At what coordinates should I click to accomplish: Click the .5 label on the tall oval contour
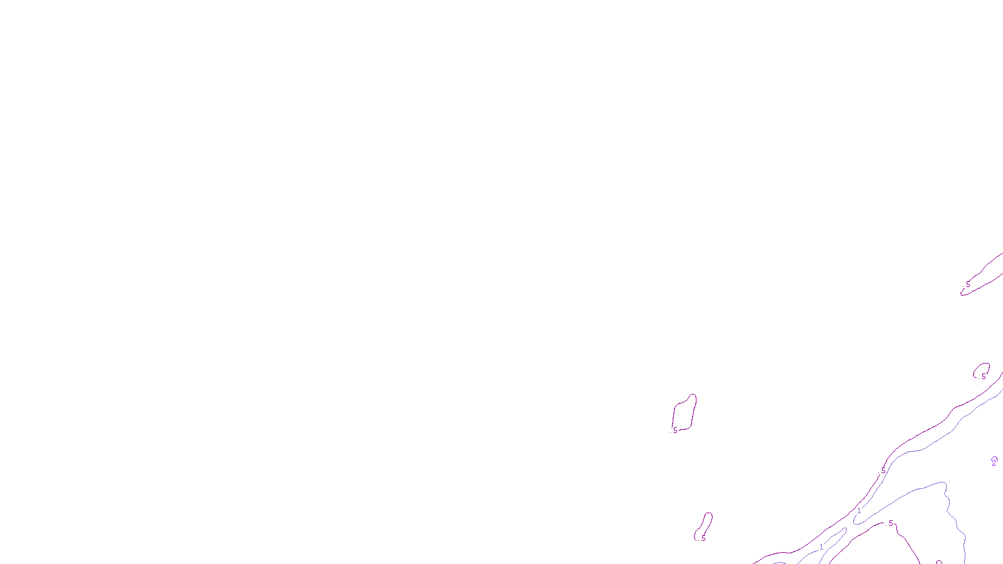tap(675, 431)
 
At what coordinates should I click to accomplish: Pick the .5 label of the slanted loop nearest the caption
tap(703, 538)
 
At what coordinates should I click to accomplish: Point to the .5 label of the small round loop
tap(983, 377)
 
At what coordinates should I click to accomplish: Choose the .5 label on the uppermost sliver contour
tap(967, 285)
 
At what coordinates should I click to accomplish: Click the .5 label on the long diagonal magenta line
tap(883, 471)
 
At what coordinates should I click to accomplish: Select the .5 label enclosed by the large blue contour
tap(890, 523)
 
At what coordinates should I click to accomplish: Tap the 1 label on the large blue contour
tap(859, 511)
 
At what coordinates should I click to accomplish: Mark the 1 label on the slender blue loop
tap(821, 547)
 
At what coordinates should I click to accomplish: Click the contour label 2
tap(994, 462)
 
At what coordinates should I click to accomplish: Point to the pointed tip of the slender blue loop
tap(846, 529)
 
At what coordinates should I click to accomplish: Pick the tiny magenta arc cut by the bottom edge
tap(938, 562)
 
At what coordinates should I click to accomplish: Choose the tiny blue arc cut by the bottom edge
tap(779, 562)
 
